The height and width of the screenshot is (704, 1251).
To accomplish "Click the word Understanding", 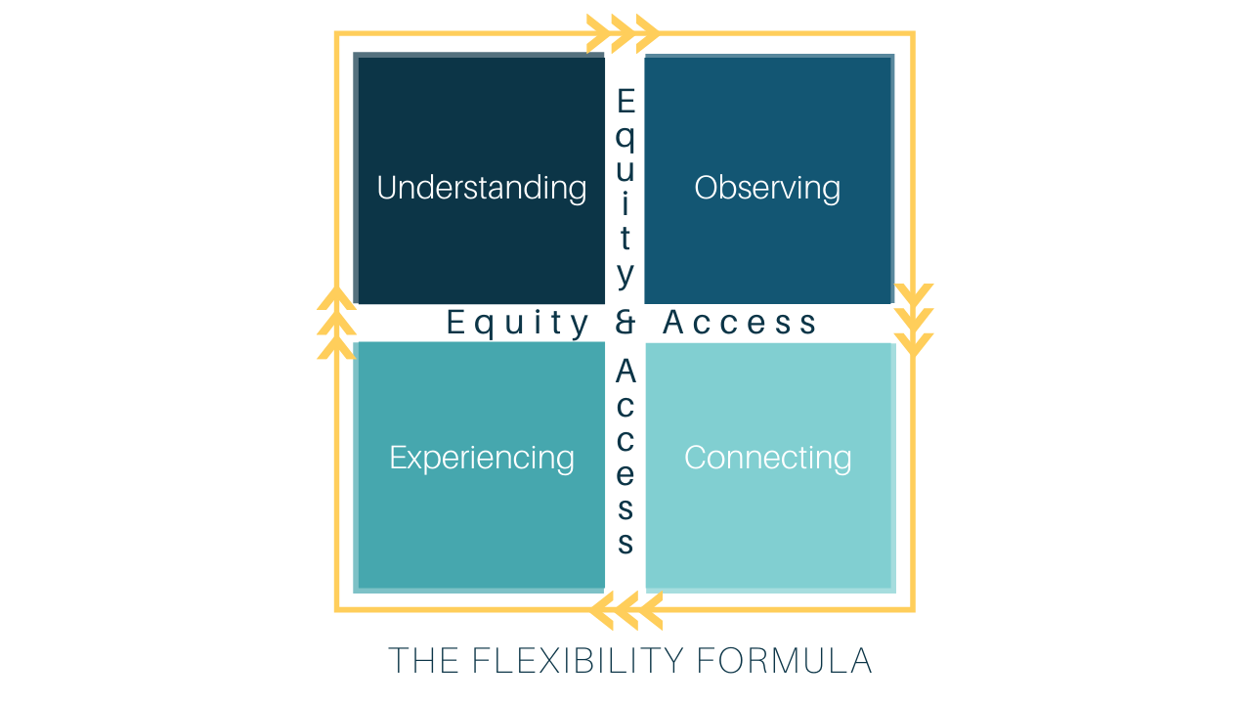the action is click(x=482, y=188).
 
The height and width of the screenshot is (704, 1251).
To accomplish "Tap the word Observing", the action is click(x=767, y=189).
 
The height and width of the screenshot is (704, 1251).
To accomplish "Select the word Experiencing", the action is click(x=482, y=459).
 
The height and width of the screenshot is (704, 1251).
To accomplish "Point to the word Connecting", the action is click(x=768, y=459).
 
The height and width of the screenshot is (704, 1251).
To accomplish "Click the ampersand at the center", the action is click(x=625, y=323).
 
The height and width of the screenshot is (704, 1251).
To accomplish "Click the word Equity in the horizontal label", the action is click(x=517, y=324).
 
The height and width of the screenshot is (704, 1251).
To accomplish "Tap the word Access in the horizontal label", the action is click(x=740, y=323).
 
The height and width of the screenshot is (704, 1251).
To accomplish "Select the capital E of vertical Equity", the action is click(x=626, y=101).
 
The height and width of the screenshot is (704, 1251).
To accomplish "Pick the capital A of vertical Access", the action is click(x=626, y=371).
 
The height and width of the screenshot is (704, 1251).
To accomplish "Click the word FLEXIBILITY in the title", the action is click(x=578, y=660).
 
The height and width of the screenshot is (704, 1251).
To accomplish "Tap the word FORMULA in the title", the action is click(x=784, y=660).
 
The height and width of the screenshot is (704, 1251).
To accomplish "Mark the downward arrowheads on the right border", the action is click(x=914, y=320).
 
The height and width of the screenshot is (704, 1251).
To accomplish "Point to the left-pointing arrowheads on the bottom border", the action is click(x=626, y=610).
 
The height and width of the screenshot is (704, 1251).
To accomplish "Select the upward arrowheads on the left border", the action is click(x=336, y=323).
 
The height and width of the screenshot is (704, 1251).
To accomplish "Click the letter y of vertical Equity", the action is click(x=626, y=275).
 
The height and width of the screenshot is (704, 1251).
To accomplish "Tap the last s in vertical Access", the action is click(x=625, y=543).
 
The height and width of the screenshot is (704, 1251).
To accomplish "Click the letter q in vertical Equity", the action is click(x=626, y=139).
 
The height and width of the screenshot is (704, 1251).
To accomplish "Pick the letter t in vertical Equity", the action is click(x=625, y=238).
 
